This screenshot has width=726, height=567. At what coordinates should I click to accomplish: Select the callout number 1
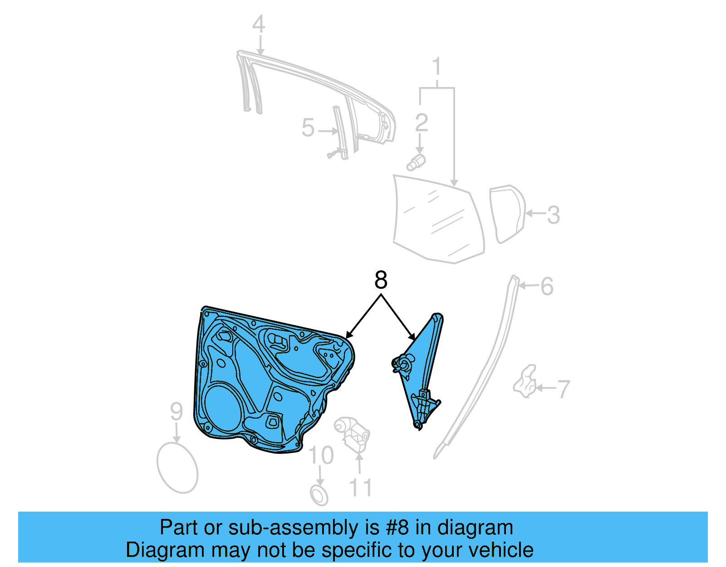(437, 67)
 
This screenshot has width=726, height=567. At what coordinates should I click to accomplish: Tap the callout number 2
(421, 123)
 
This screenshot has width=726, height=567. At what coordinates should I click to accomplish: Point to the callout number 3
(553, 215)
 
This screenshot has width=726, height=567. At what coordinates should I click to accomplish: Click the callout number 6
(547, 286)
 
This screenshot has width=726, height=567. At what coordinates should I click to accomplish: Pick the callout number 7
(563, 389)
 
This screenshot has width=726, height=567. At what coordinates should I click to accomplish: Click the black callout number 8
(381, 280)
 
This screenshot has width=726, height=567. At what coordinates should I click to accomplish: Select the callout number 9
(177, 412)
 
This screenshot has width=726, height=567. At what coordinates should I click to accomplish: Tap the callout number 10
(321, 455)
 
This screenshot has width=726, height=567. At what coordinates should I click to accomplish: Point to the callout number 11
(361, 488)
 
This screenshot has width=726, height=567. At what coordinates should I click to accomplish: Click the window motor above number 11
(352, 434)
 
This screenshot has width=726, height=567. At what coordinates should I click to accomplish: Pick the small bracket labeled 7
(525, 382)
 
